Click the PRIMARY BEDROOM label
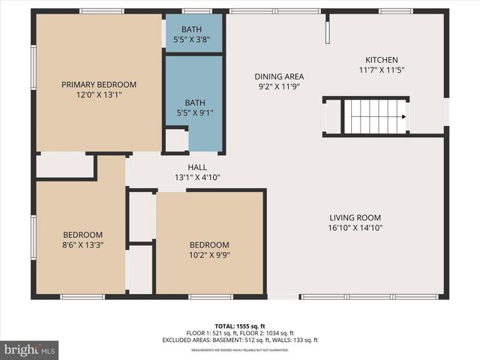pos(99,84)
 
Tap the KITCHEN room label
pos(381,60)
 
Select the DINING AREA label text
pos(278,76)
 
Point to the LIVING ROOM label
pos(355,217)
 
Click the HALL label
pos(197,167)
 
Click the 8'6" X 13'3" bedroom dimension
pos(83,244)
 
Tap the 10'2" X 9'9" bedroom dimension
pos(209,255)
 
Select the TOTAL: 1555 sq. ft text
pos(241,326)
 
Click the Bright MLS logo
pos(30,349)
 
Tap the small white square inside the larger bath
pos(176,140)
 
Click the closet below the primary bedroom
pos(64,166)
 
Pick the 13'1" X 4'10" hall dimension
pos(197,178)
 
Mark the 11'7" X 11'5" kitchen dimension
pos(381,70)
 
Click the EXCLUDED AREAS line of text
pos(241,340)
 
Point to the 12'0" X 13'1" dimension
pos(99,94)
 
